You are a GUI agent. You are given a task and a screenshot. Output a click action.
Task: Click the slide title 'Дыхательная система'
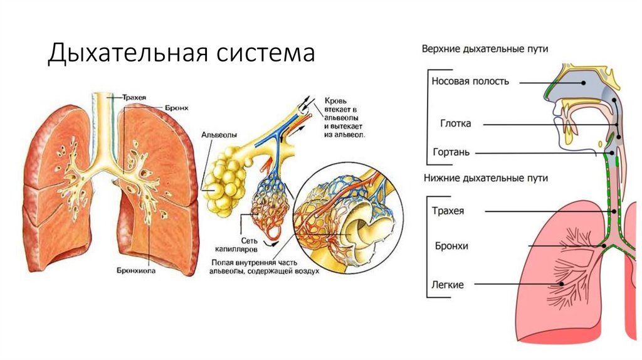tap(181, 53)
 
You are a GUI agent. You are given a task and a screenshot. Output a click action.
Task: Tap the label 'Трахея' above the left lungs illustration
tap(135, 97)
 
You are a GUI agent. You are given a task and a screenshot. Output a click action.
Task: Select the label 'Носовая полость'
tap(470, 81)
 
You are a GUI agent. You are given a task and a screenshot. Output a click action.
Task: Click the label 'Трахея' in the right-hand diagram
tap(448, 211)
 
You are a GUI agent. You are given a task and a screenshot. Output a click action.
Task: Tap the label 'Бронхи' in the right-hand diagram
tap(450, 245)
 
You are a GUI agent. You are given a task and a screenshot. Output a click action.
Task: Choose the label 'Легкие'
tap(448, 285)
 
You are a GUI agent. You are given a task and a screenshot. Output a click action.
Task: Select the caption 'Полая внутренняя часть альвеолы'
tap(261, 267)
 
